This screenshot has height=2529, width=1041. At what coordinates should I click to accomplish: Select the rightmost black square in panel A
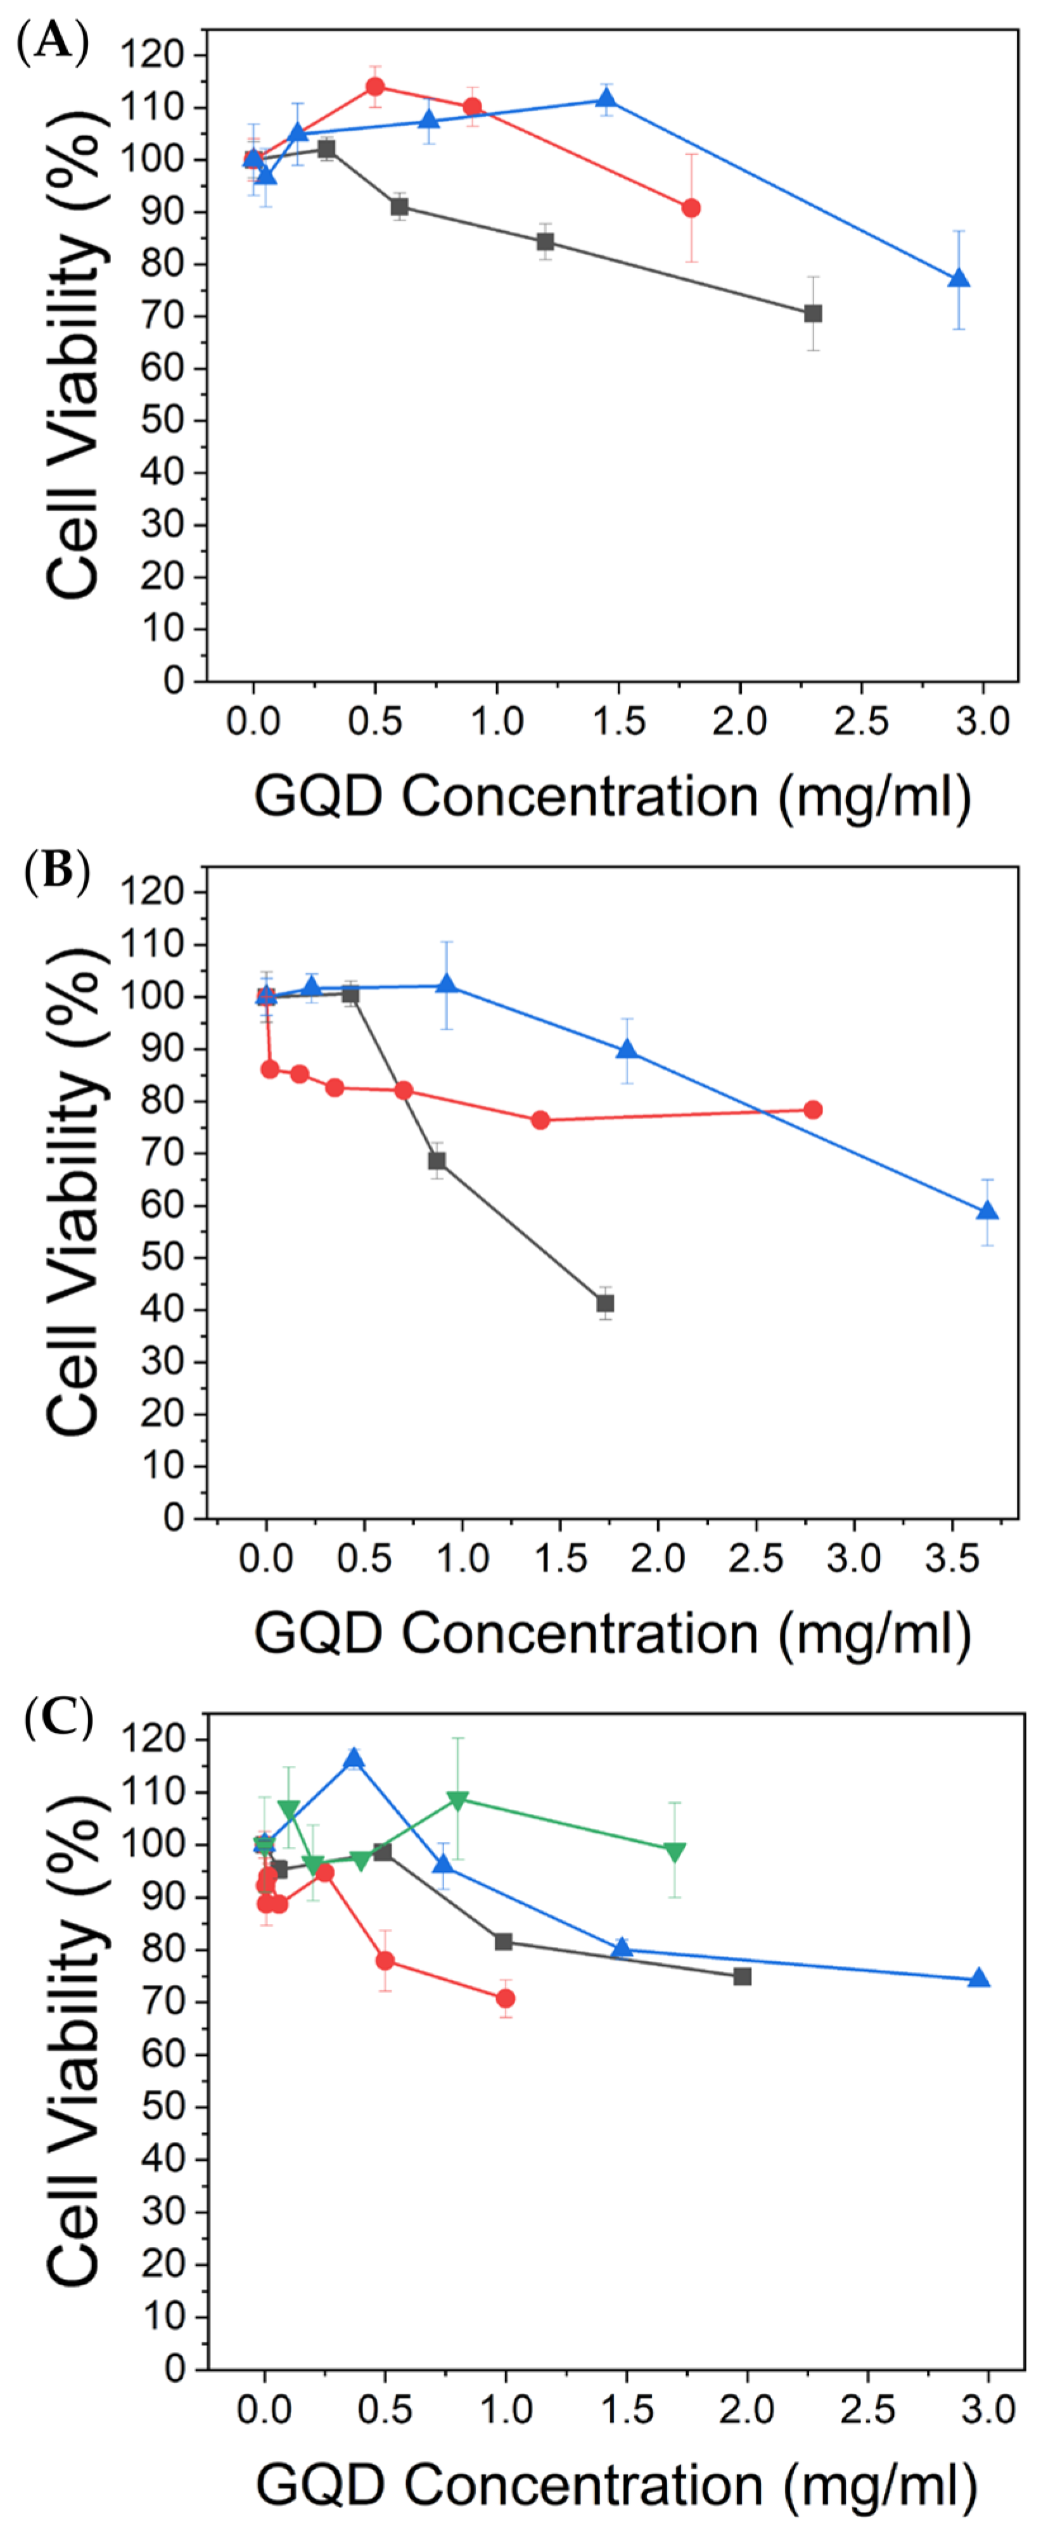point(813,313)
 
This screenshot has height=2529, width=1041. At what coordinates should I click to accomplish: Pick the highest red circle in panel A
point(375,86)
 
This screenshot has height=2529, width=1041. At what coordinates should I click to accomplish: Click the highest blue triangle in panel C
point(354,1758)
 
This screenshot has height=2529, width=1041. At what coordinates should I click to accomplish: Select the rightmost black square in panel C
point(743,1976)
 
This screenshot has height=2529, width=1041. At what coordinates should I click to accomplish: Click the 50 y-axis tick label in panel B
point(163,1258)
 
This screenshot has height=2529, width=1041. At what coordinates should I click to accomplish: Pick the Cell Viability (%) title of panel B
point(75,1192)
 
